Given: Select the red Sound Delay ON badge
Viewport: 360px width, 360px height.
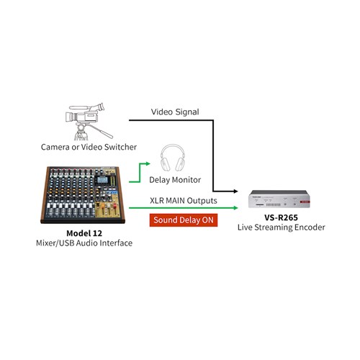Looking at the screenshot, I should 182,220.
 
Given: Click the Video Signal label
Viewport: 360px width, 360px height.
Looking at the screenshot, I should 175,112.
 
